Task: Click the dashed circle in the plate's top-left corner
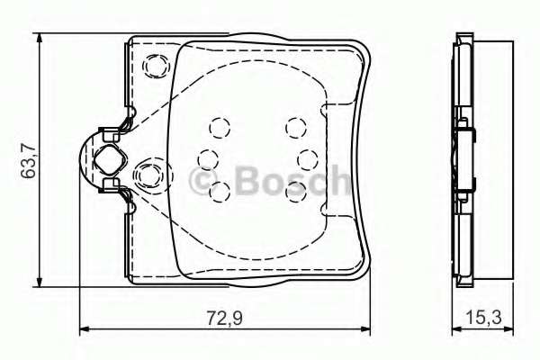coord(157,65)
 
